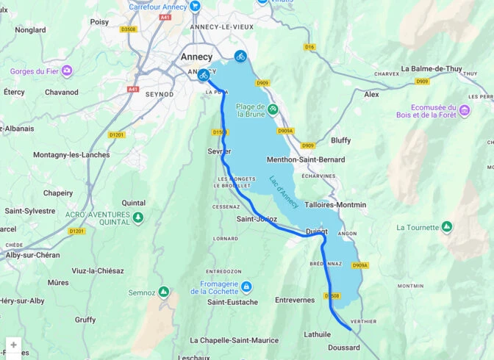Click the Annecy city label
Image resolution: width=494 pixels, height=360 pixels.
[196, 57]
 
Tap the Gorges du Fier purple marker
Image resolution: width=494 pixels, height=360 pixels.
[67, 71]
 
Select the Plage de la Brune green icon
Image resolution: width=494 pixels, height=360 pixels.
[273, 110]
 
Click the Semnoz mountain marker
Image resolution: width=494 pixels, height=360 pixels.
[164, 292]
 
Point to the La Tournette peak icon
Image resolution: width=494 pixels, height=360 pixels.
[446, 228]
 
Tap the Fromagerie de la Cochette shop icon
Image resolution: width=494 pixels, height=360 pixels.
[247, 287]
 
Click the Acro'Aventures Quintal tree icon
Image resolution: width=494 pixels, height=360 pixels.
[137, 217]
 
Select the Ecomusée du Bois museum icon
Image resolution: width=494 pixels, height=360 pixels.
[465, 110]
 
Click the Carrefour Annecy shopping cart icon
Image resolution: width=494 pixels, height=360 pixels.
[195, 7]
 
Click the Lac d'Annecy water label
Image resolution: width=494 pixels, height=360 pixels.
[282, 192]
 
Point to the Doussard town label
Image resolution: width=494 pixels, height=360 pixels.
[343, 348]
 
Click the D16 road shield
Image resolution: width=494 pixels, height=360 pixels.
[309, 47]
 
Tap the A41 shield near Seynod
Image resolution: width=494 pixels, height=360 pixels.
[133, 89]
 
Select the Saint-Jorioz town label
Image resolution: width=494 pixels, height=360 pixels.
[257, 219]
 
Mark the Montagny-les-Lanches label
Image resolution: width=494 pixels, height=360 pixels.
[71, 155]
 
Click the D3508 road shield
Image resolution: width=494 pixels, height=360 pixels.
[129, 29]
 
